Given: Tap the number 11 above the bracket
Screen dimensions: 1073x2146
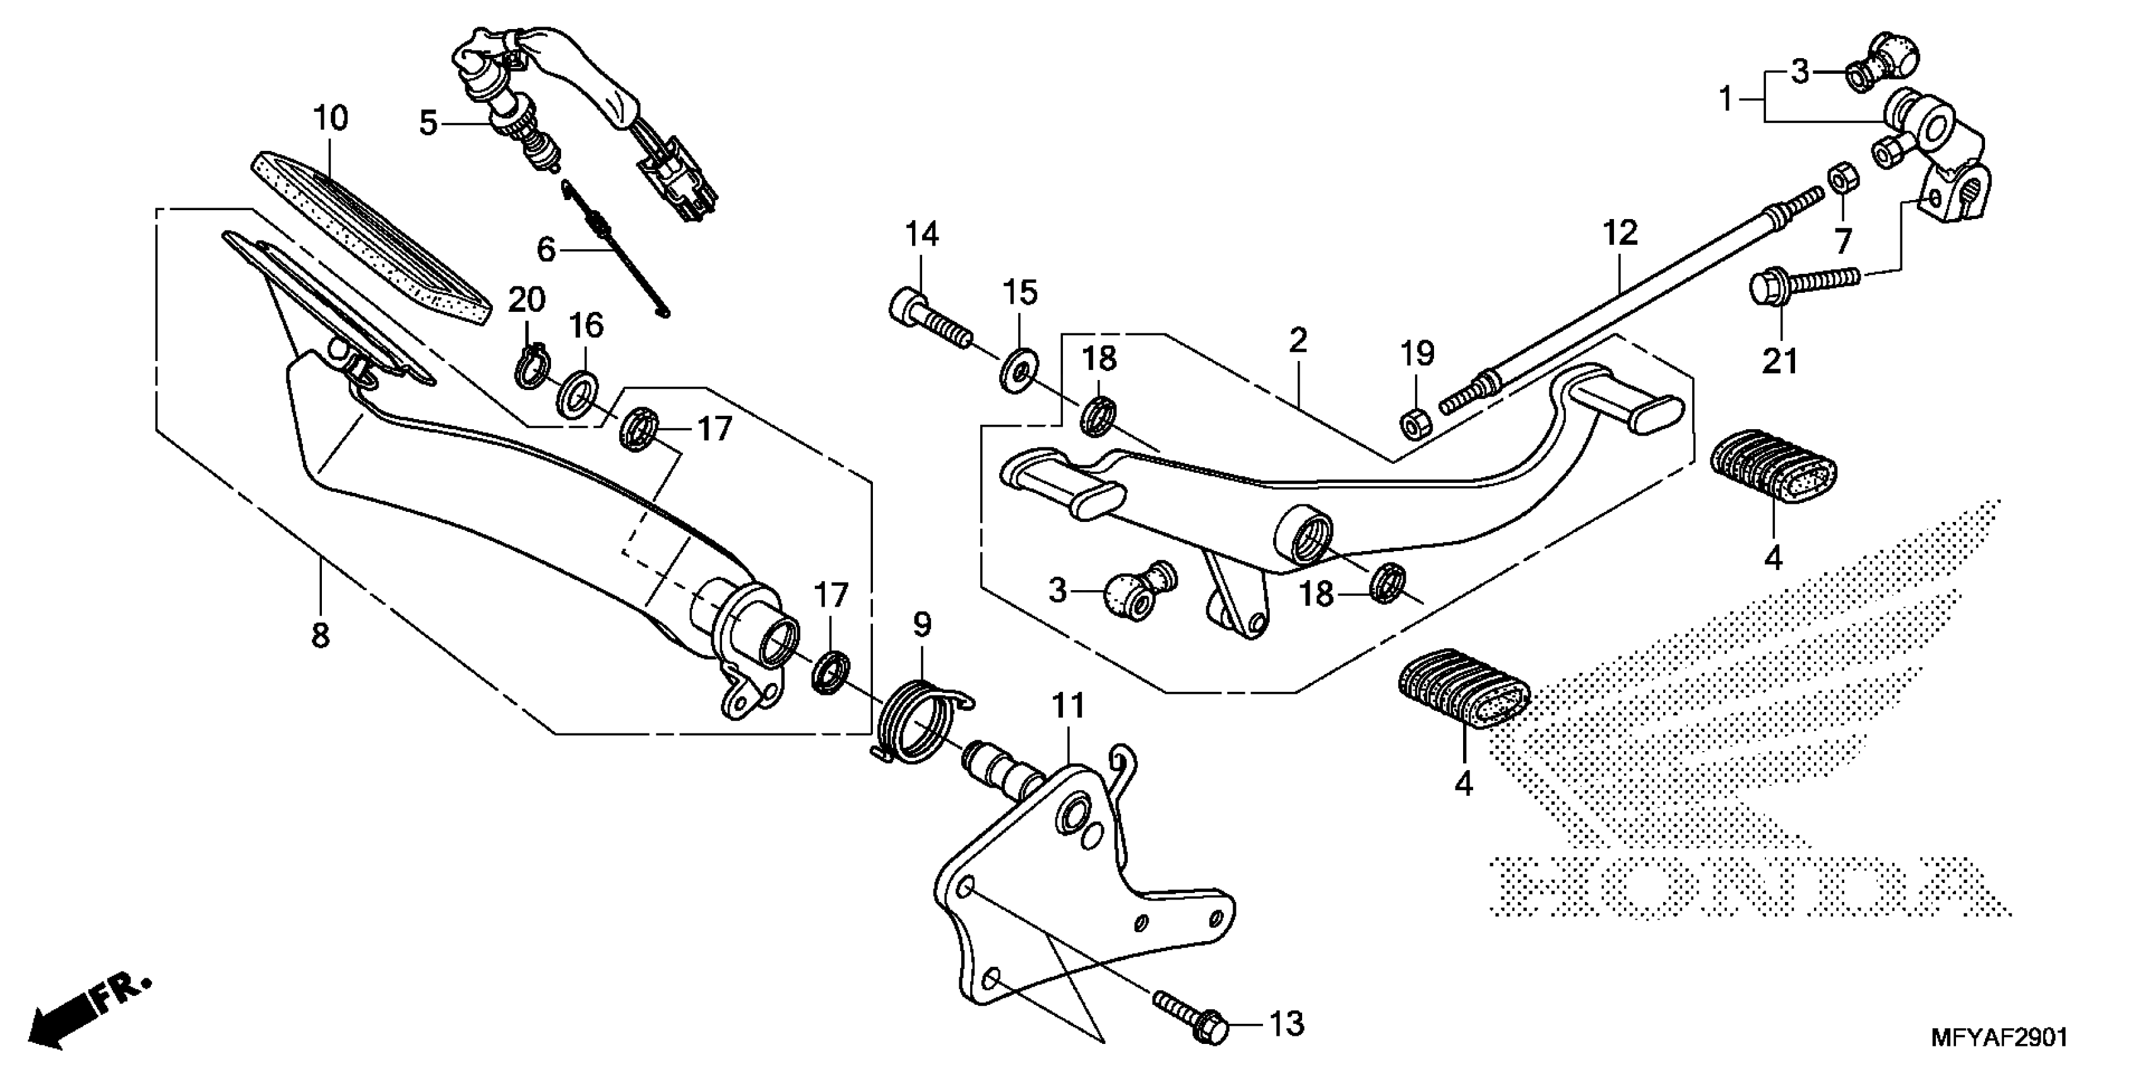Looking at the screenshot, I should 1068,706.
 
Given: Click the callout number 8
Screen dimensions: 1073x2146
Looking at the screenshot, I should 321,636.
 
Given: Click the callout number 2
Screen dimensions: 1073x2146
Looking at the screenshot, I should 1297,340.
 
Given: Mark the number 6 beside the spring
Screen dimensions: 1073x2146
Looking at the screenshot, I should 546,248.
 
